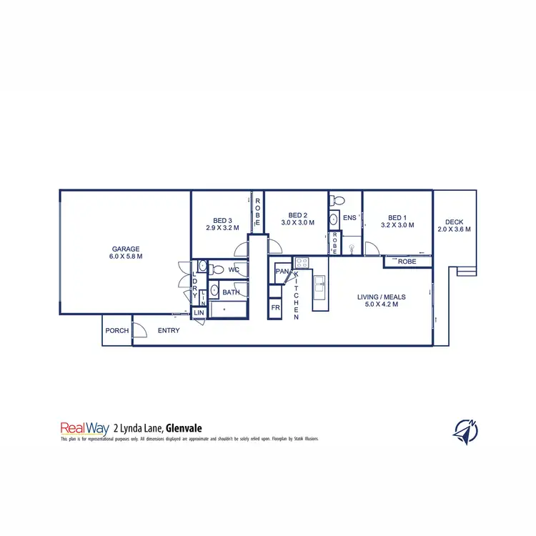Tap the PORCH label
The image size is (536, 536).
click(x=116, y=331)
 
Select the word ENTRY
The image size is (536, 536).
click(x=169, y=331)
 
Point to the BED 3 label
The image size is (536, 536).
click(x=222, y=220)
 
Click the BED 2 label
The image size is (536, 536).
click(x=297, y=215)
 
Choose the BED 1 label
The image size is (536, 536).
click(x=397, y=218)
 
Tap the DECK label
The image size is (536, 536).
click(x=454, y=222)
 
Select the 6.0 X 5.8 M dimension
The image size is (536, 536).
click(x=125, y=256)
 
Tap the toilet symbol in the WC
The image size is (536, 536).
click(x=202, y=267)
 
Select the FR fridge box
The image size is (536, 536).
click(x=275, y=309)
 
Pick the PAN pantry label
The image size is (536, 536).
click(x=282, y=272)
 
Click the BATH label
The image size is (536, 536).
click(x=230, y=292)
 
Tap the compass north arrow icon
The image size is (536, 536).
click(x=465, y=430)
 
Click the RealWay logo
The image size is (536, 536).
click(x=84, y=428)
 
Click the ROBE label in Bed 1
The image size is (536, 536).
click(x=407, y=262)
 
